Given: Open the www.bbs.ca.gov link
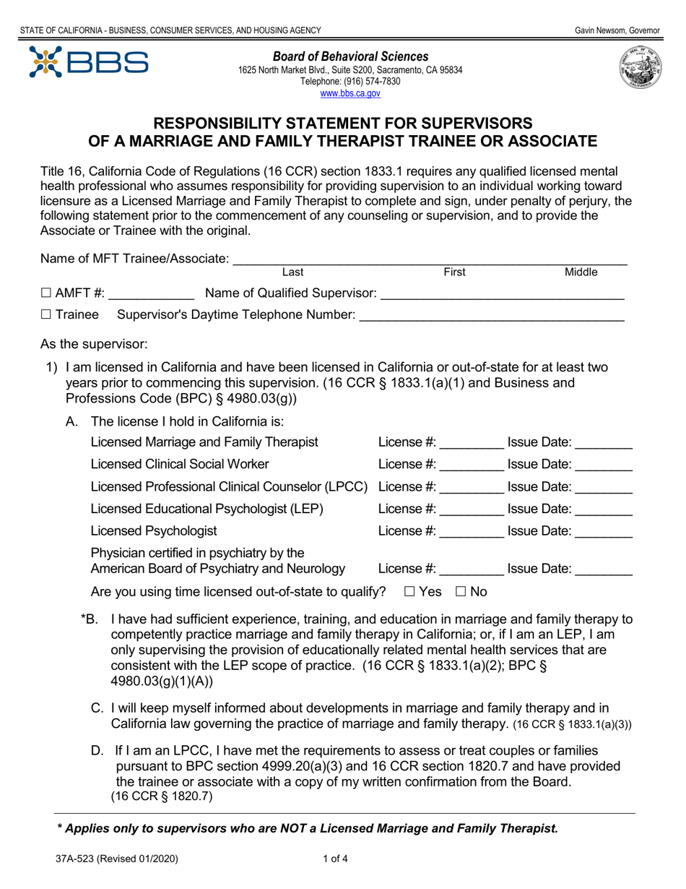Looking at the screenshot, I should pyautogui.click(x=350, y=93).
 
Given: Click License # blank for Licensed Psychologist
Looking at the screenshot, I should pyautogui.click(x=472, y=532).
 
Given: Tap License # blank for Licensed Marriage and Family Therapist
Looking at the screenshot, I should pyautogui.click(x=472, y=442).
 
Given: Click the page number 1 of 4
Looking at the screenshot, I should pyautogui.click(x=337, y=859).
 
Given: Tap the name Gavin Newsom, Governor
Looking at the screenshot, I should pyautogui.click(x=617, y=30).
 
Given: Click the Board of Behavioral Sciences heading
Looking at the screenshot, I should pyautogui.click(x=350, y=56).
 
